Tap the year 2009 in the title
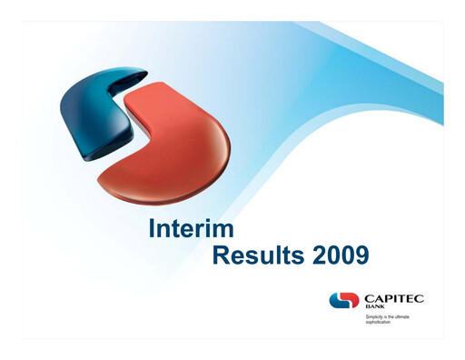coord(338,255)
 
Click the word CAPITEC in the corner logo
coord(391,298)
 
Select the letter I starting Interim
coord(151,229)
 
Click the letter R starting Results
coord(221,255)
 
